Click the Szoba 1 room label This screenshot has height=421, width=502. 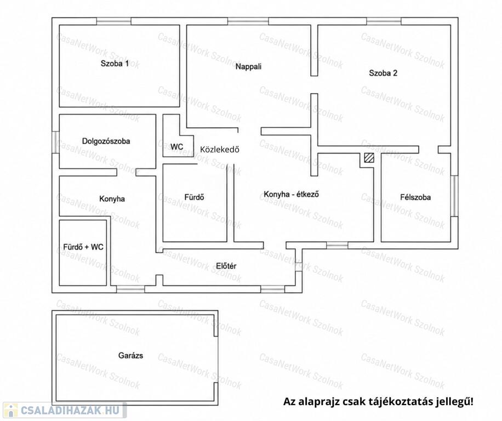(115, 64)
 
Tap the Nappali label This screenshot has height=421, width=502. (248, 66)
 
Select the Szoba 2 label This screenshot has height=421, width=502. (383, 73)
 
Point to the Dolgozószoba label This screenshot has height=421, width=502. (106, 141)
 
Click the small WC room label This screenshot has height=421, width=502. (176, 147)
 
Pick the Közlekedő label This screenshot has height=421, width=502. (220, 149)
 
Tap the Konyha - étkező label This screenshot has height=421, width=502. (291, 194)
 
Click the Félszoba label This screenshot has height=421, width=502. (415, 197)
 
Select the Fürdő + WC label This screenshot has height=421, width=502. (83, 247)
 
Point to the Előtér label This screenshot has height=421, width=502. (226, 266)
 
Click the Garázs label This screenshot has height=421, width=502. (130, 355)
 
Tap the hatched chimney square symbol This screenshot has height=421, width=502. (369, 158)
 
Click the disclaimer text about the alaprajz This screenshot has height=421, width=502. (378, 401)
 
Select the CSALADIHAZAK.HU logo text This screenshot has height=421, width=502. (70, 410)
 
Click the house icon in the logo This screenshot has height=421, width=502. (11, 410)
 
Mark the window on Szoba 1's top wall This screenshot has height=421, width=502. (113, 21)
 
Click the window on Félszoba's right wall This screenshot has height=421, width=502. (454, 196)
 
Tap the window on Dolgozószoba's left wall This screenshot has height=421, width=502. (56, 142)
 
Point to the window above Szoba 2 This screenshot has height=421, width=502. (384, 21)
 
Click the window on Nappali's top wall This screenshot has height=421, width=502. (248, 21)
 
